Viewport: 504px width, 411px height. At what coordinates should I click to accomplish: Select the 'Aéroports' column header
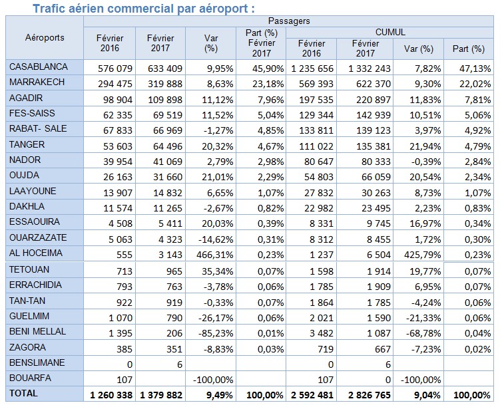click(x=45, y=37)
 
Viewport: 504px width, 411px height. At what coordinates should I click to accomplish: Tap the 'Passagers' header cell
click(x=288, y=21)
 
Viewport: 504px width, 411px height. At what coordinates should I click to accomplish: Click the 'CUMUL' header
click(x=390, y=32)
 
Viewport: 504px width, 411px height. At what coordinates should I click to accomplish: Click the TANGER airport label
click(x=27, y=144)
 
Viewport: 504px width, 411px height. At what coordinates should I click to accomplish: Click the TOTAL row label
click(x=24, y=394)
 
